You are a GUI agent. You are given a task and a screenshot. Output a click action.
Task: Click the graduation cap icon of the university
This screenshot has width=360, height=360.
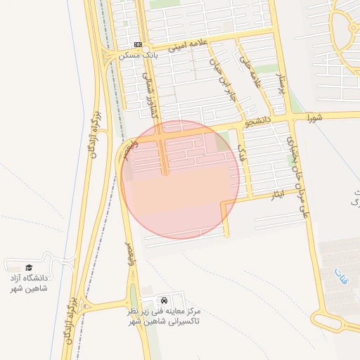tap(30, 267)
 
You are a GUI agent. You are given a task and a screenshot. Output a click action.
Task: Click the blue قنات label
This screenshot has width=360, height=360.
tap(340, 271)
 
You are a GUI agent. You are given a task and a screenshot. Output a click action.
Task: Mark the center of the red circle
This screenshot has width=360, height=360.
tap(181, 179)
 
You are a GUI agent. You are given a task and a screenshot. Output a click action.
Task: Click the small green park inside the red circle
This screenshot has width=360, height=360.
tap(222, 141)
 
